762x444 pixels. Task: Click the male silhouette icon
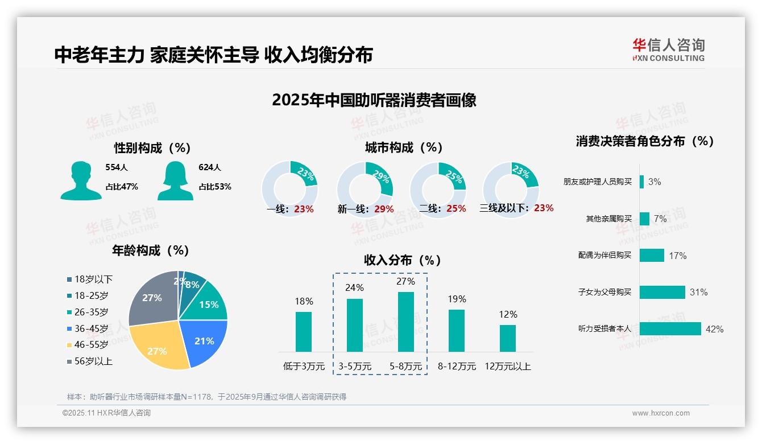point(81,180)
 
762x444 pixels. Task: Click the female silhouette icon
point(175,180)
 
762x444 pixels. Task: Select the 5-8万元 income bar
point(406,322)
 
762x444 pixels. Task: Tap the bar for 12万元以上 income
point(508,338)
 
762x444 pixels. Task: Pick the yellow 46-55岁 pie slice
point(159,347)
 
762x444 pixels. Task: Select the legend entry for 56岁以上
point(90,361)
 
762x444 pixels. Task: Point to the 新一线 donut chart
point(365,190)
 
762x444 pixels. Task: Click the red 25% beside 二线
point(456,209)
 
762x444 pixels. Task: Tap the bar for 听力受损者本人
point(670,329)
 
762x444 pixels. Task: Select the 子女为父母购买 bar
point(662,292)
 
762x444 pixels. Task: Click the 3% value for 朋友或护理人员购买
point(655,182)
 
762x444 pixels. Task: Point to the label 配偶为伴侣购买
point(604,255)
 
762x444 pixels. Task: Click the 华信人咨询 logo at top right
point(668,50)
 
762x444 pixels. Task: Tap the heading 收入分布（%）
point(403,260)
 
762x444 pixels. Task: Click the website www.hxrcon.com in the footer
point(661,413)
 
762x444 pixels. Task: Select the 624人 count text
point(210,167)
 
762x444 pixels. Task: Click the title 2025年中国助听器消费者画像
point(374,100)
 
